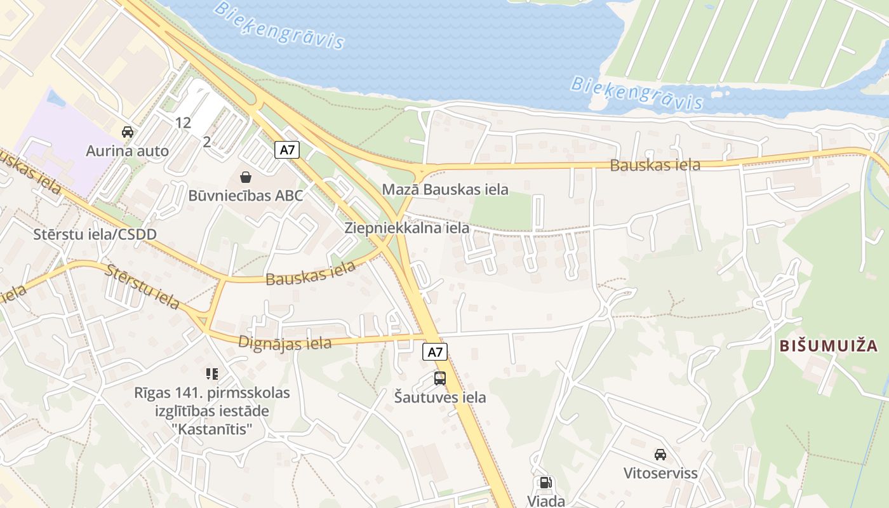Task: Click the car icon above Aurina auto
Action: point(128,132)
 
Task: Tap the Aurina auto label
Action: point(128,151)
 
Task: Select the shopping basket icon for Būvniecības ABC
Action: point(246,177)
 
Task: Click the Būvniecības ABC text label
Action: point(246,196)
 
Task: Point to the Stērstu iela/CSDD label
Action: point(95,234)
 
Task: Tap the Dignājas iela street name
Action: point(285,342)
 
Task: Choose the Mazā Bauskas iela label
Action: point(445,189)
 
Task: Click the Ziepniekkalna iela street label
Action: point(407,228)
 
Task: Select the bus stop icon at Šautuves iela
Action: point(439,378)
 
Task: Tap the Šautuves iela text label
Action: point(439,398)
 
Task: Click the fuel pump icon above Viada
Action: point(545,483)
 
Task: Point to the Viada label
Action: point(546,501)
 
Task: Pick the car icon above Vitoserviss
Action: point(660,454)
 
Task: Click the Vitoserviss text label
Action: point(660,473)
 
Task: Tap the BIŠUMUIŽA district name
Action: point(829,346)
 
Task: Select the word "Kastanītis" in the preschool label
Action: point(212,430)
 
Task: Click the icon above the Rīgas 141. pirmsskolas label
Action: point(212,373)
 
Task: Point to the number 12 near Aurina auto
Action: point(183,123)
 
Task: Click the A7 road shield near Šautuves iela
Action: point(435,352)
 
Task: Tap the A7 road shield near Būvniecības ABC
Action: point(287,150)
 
